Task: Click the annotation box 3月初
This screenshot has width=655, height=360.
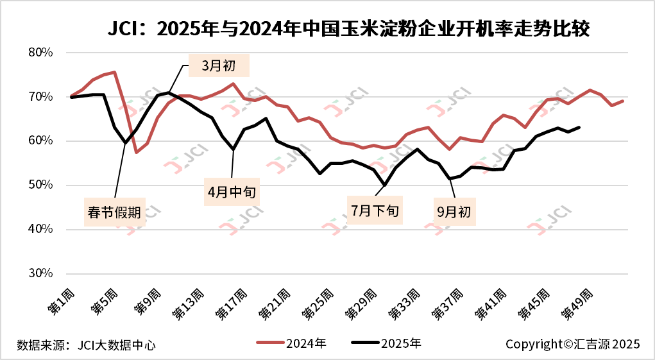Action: point(219,65)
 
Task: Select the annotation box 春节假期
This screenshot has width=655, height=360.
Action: point(115,212)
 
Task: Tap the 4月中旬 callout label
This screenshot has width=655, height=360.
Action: point(232,191)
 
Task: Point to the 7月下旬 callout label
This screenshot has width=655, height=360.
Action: point(375,210)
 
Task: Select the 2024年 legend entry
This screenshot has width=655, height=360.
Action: point(292,343)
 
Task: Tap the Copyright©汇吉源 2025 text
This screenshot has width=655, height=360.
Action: point(573,345)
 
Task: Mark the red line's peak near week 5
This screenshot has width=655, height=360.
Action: point(114,72)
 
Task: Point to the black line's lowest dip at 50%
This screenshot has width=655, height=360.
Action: point(384,185)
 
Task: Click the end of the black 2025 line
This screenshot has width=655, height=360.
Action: point(579,127)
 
